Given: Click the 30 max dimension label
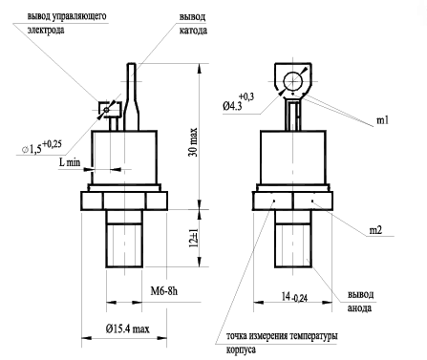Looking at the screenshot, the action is point(195,142).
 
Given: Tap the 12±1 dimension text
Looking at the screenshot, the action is point(194,238).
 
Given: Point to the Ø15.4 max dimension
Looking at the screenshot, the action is point(127,328).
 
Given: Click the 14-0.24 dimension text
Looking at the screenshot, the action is point(294,297).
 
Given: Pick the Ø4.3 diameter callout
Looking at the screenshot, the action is point(239,101).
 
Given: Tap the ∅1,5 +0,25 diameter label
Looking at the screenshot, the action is point(41,147).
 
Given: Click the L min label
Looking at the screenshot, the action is point(69,162).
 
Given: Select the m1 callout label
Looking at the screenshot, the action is point(382,120).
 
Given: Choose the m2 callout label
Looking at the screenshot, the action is point(375,230).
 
